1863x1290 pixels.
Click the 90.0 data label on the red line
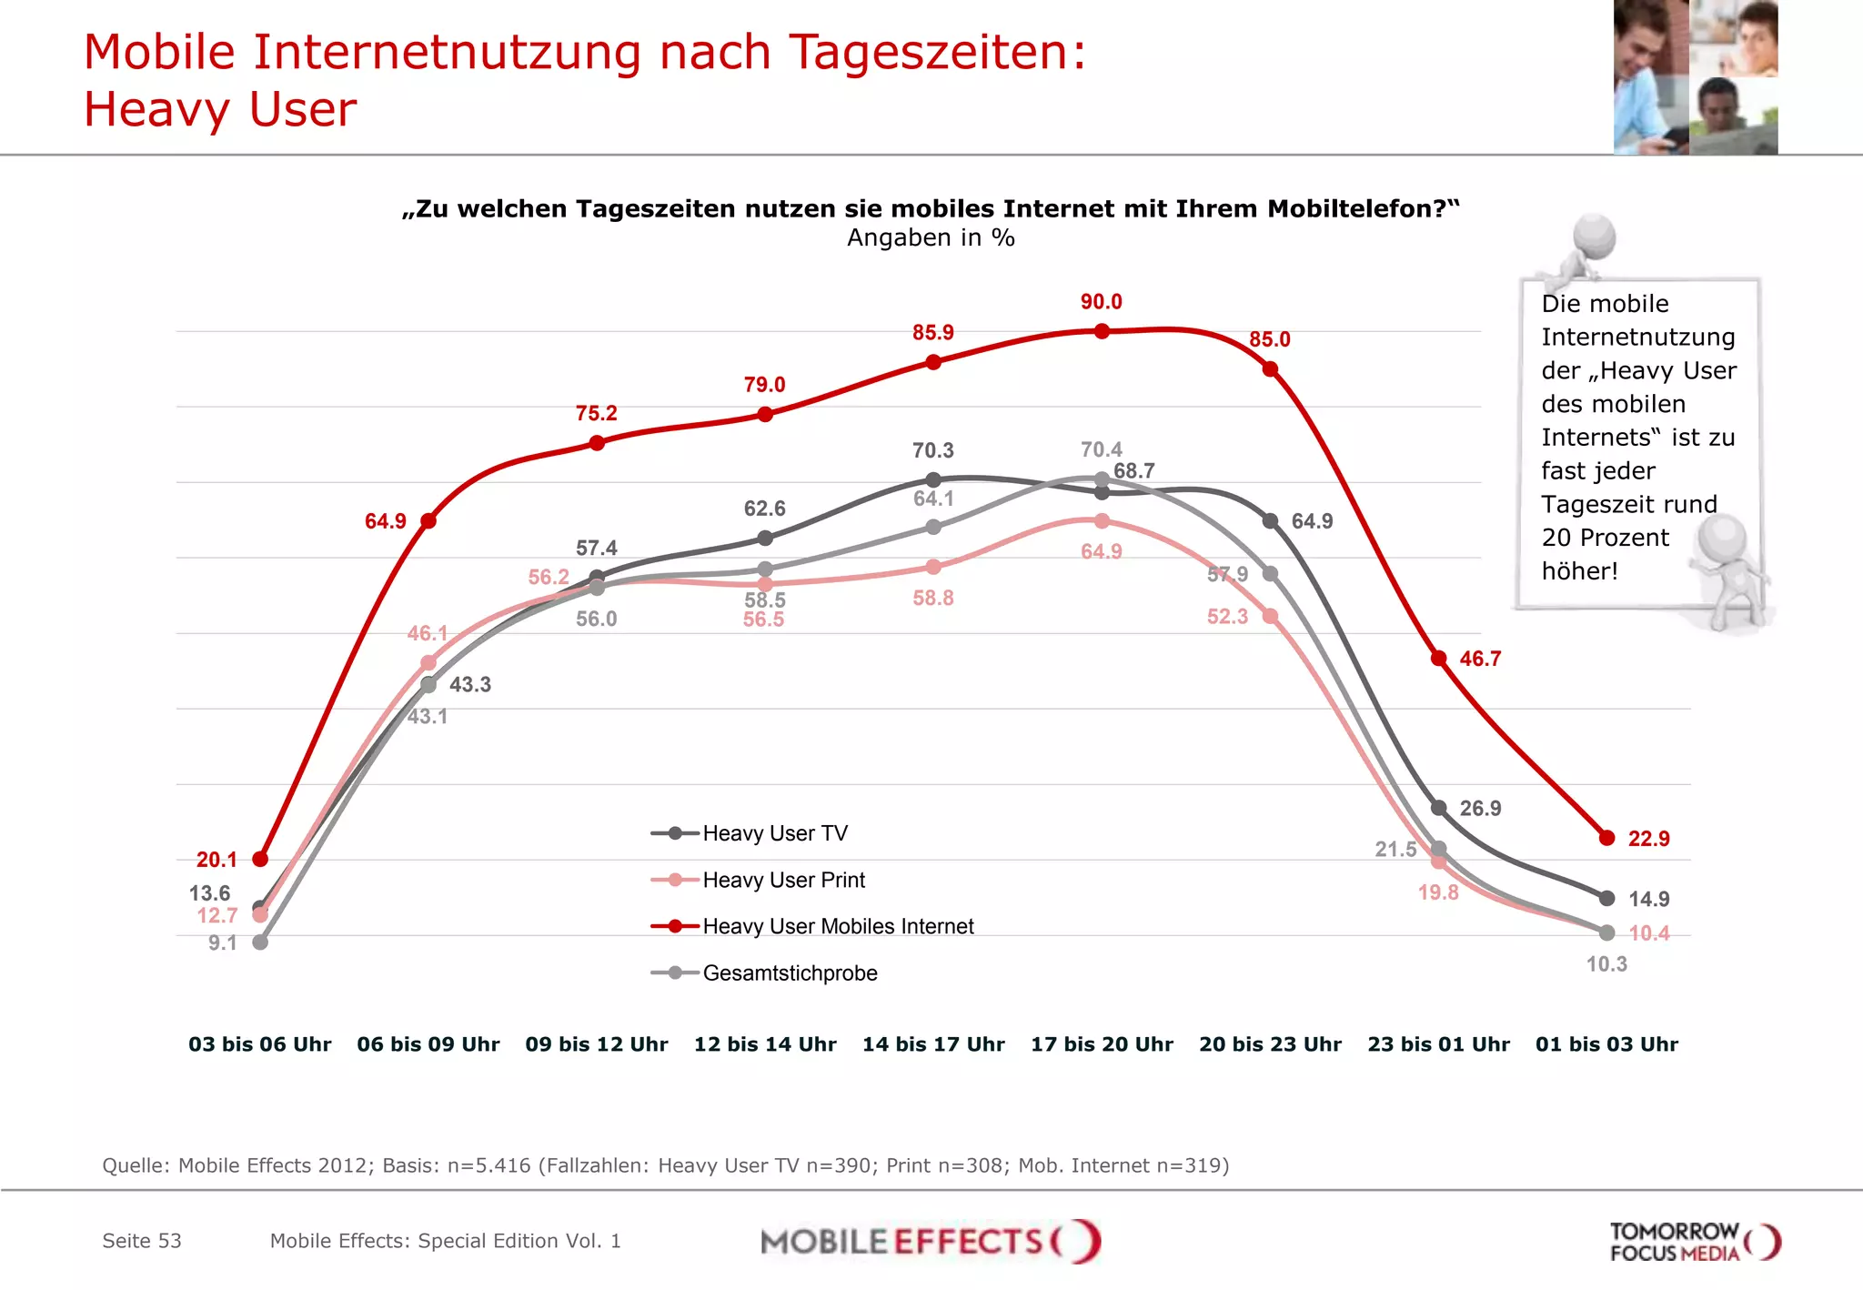pyautogui.click(x=1101, y=302)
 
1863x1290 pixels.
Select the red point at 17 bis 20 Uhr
pyautogui.click(x=1102, y=331)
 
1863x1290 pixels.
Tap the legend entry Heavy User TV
pyautogui.click(x=774, y=833)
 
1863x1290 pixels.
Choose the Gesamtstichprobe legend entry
pyautogui.click(x=789, y=973)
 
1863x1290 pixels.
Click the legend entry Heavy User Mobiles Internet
pyautogui.click(x=837, y=926)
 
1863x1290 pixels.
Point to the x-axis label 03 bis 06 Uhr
pyautogui.click(x=259, y=1044)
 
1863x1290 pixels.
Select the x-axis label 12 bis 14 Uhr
pyautogui.click(x=765, y=1044)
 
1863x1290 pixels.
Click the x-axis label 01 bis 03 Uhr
pyautogui.click(x=1606, y=1044)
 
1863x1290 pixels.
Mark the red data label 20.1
pyautogui.click(x=217, y=860)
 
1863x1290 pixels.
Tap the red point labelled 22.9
pyautogui.click(x=1606, y=838)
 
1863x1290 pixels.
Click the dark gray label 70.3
pyautogui.click(x=933, y=450)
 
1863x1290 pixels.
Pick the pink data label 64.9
pyautogui.click(x=1101, y=551)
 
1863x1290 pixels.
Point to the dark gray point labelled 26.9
pyautogui.click(x=1438, y=808)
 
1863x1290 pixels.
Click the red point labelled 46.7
pyautogui.click(x=1438, y=658)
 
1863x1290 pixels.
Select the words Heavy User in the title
pyautogui.click(x=220, y=109)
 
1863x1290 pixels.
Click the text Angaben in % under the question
pyautogui.click(x=931, y=238)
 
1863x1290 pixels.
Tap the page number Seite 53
pyautogui.click(x=142, y=1241)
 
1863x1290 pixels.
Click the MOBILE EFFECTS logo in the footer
pyautogui.click(x=930, y=1242)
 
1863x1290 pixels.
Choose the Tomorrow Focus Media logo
pyautogui.click(x=1694, y=1242)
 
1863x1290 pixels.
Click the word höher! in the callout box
pyautogui.click(x=1579, y=571)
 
